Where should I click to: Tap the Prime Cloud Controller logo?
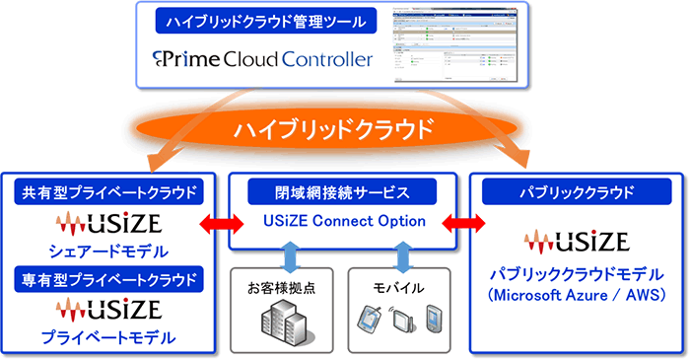264,60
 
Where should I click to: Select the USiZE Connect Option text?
341,221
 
